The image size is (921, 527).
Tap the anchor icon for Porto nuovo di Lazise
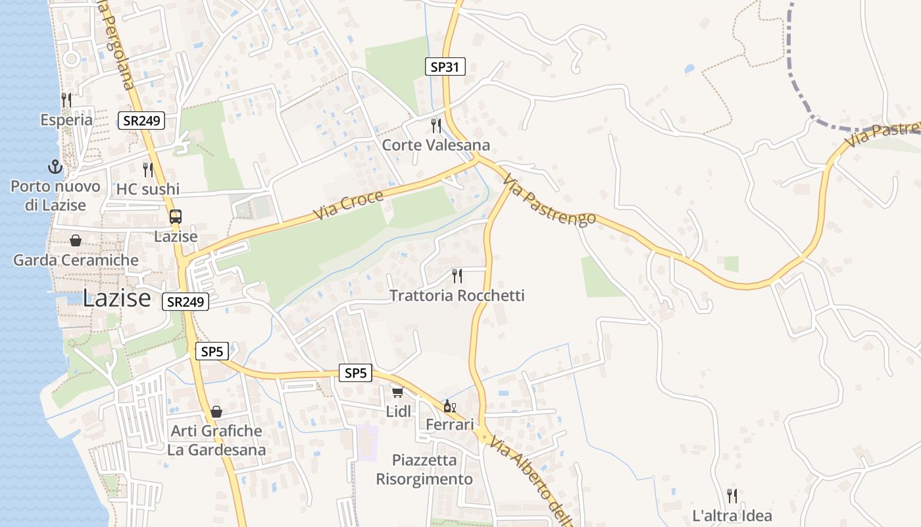click(55, 167)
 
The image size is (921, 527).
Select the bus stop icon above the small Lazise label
click(176, 217)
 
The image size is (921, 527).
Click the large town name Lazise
click(117, 298)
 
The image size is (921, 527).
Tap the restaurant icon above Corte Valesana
click(436, 125)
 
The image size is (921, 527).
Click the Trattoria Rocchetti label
click(457, 296)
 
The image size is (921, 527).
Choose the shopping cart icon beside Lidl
click(397, 393)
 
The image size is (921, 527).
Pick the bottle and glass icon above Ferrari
click(450, 406)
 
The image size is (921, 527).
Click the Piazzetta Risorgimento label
click(424, 470)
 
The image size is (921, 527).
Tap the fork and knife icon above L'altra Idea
click(732, 495)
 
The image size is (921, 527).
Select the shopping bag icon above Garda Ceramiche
click(76, 240)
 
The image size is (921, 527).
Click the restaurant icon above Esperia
click(66, 100)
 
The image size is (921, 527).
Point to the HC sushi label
click(148, 189)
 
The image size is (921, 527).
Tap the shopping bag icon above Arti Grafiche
click(216, 412)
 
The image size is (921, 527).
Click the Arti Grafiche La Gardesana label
click(216, 441)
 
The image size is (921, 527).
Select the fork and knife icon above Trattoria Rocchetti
click(457, 275)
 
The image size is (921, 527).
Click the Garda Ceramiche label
click(76, 260)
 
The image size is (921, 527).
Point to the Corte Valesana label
click(436, 145)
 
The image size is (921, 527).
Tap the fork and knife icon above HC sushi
click(148, 170)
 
